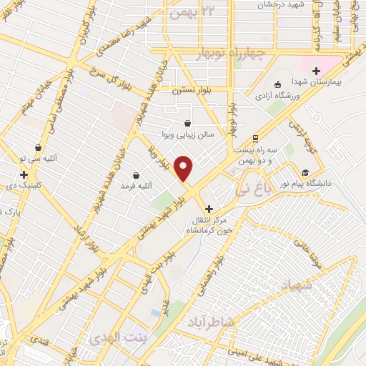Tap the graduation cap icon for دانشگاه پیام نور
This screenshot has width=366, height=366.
click(x=306, y=173)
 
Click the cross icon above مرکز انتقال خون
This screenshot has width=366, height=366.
click(x=208, y=209)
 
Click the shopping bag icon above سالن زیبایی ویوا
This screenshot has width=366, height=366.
click(x=187, y=123)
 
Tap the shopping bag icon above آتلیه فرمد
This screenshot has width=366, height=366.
click(x=136, y=175)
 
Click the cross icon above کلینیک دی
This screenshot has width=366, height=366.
click(x=24, y=174)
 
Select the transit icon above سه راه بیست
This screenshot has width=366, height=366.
click(x=255, y=139)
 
